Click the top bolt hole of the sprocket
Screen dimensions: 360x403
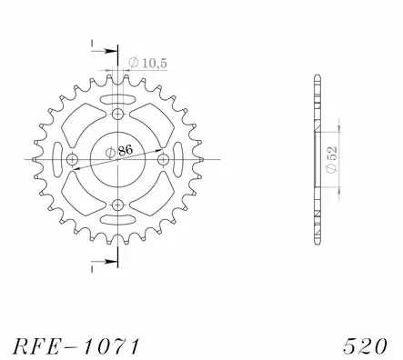(x=118, y=115)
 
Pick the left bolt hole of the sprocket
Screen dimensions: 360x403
(x=73, y=160)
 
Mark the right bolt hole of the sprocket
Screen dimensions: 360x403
(x=164, y=160)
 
